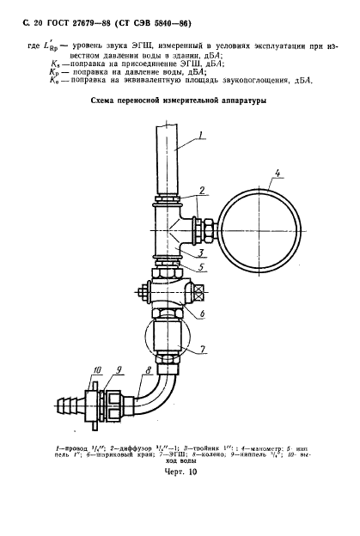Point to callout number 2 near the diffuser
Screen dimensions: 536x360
pyautogui.click(x=199, y=191)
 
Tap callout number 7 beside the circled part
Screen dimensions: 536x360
pyautogui.click(x=204, y=349)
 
